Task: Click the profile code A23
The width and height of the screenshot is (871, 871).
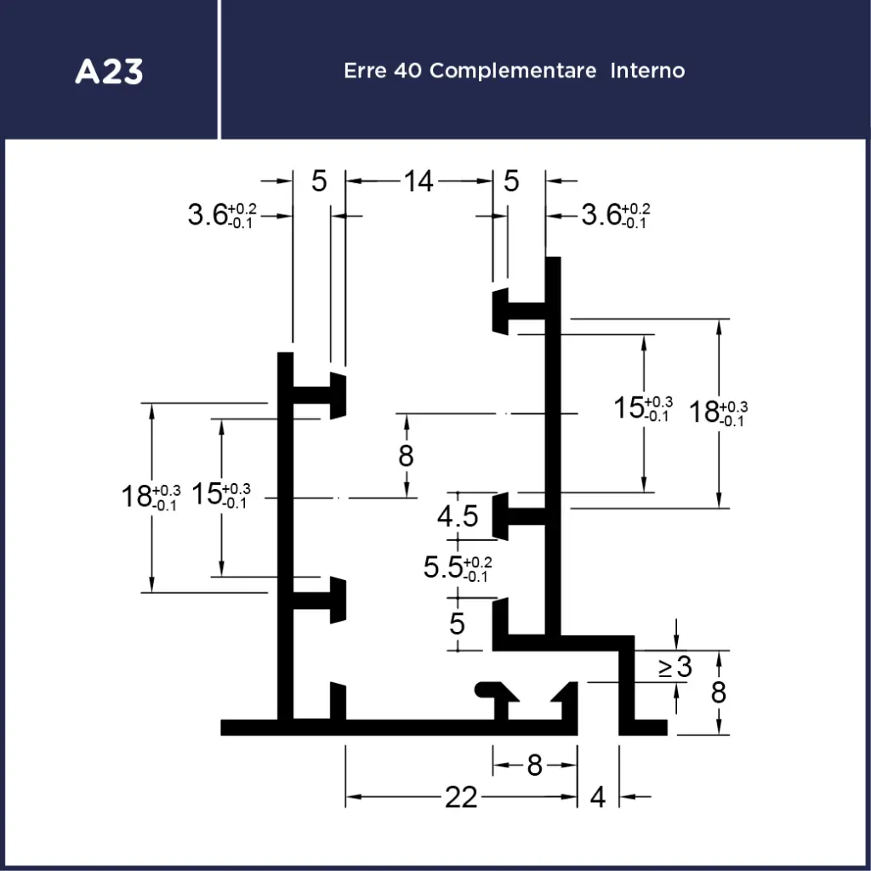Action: pos(109,71)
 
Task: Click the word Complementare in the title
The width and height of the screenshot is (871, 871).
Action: pos(513,71)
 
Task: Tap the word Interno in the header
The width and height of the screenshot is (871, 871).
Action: pos(646,71)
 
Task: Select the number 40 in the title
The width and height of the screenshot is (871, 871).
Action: pos(408,71)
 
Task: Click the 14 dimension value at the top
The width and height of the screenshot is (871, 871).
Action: pos(418,181)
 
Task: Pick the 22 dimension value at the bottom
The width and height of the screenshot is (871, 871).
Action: pos(461,797)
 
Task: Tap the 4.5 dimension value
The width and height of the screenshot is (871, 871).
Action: pos(458,516)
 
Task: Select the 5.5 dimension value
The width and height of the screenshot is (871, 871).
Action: pos(444,567)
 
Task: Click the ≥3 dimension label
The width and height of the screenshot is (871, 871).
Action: pos(675,668)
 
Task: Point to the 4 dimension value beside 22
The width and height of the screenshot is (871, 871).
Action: pos(598,797)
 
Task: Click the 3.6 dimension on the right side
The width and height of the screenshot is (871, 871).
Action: pos(601,214)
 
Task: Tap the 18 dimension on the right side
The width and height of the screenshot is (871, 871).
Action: pos(705,412)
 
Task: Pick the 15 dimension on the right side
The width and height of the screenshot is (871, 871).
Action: pos(630,408)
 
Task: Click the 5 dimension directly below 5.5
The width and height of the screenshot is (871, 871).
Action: pos(458,623)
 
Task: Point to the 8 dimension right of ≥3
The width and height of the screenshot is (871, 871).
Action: pos(719,693)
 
